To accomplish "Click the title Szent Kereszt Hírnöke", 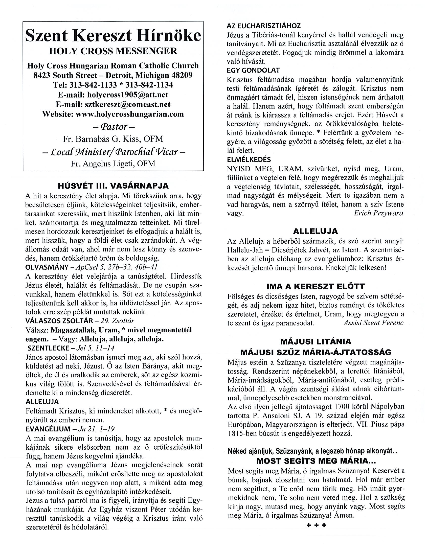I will point(113,36).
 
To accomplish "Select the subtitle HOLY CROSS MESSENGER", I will point(113,51).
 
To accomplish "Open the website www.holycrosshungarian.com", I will point(130,114).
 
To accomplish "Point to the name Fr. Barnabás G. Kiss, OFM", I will point(113,139).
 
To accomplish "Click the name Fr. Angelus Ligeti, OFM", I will point(113,164).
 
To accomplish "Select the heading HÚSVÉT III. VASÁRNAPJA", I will point(113,186).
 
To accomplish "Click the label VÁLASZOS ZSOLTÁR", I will point(59,321).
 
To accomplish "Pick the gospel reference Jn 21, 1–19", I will point(96,429).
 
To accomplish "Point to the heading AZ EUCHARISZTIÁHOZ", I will point(264,26).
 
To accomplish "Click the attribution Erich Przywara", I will point(378,213).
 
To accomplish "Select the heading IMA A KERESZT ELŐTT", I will point(315,286).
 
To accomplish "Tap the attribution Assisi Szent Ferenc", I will point(373,323).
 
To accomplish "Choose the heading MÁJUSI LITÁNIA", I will point(316,341).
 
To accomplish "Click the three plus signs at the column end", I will point(316,525).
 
